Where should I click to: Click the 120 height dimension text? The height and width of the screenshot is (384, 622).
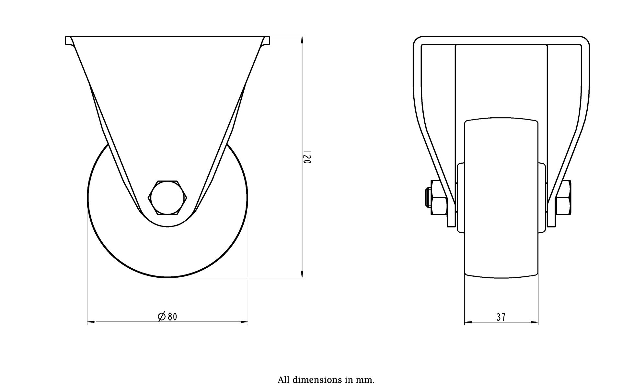click(307, 157)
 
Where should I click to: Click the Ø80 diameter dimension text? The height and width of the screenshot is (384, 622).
click(167, 316)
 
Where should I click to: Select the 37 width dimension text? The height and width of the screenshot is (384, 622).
click(501, 317)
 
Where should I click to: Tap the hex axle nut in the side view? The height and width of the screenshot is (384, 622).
click(168, 198)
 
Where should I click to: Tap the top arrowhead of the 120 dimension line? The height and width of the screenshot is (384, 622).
click(302, 39)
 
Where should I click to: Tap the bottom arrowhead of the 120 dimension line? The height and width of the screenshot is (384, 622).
click(302, 274)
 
